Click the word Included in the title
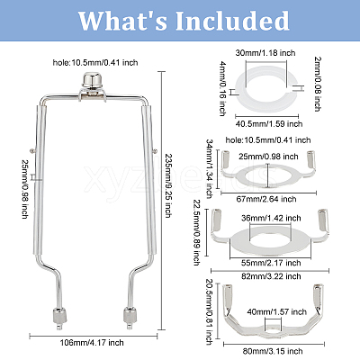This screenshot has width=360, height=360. click(x=232, y=21)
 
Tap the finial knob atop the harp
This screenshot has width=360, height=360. click(x=93, y=81)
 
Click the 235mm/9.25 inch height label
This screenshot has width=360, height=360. click(x=168, y=185)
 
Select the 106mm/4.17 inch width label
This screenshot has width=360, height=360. click(x=92, y=343)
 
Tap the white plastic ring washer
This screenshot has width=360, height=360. click(x=267, y=89)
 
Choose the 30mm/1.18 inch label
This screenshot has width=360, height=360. click(x=265, y=53)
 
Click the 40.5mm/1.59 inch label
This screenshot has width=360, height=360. click(x=269, y=123)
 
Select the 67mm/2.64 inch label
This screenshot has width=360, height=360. click(x=266, y=199)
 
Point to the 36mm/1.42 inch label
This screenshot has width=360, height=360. click(x=271, y=218)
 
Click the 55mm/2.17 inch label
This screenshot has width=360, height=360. click(x=271, y=263)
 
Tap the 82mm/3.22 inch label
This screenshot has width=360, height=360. click(x=271, y=276)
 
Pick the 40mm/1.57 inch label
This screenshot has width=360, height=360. click(x=276, y=311)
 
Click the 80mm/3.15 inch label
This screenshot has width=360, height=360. click(x=273, y=351)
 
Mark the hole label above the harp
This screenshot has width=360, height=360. click(x=95, y=62)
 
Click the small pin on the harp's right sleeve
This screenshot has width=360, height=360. click(x=155, y=151)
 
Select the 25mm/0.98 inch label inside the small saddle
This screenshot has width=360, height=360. click(x=268, y=157)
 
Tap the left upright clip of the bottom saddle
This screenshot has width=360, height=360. click(x=228, y=296)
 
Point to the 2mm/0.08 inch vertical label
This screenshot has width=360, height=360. click(x=317, y=85)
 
